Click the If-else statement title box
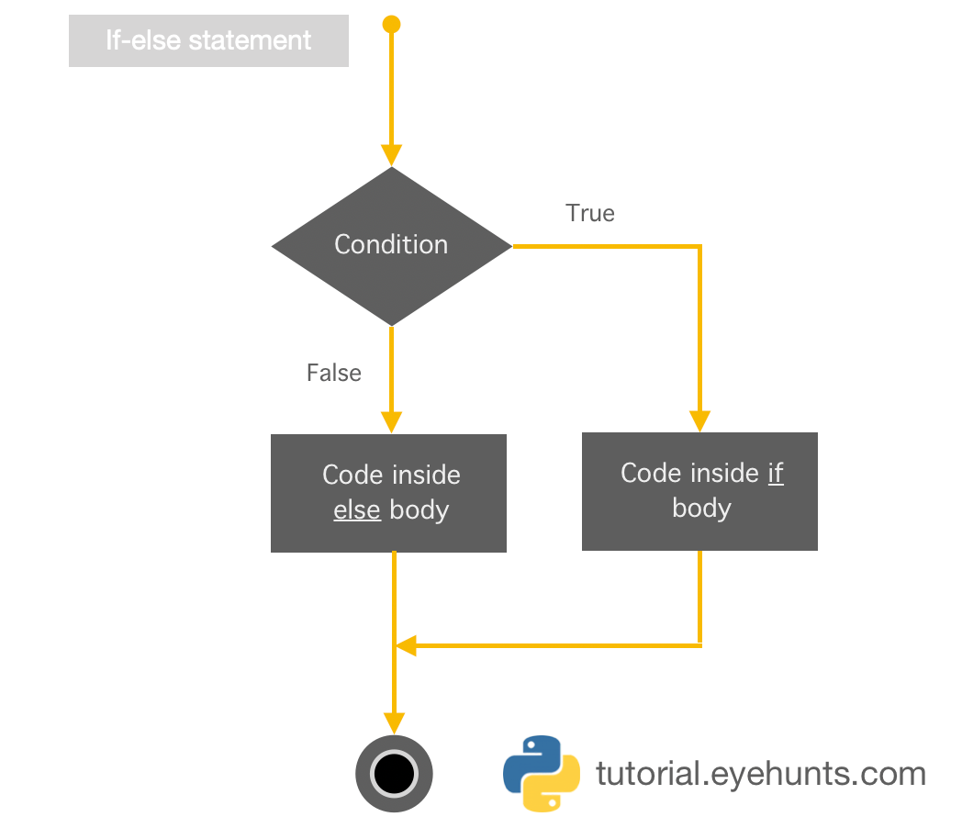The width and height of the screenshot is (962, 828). click(x=208, y=41)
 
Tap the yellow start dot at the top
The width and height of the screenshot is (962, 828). click(x=391, y=24)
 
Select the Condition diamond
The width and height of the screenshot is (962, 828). click(x=391, y=245)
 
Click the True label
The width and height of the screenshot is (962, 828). click(x=590, y=213)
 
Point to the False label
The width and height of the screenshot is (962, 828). click(x=333, y=373)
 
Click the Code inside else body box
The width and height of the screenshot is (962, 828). click(x=388, y=493)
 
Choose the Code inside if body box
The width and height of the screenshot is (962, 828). click(x=699, y=491)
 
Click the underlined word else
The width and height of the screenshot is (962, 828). click(x=356, y=509)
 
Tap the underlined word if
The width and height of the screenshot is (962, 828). click(x=776, y=473)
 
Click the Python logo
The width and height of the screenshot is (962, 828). click(x=542, y=773)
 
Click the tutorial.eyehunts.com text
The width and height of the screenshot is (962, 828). click(x=760, y=774)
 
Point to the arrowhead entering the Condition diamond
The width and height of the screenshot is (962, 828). click(x=391, y=155)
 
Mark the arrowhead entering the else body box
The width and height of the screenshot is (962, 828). click(x=391, y=421)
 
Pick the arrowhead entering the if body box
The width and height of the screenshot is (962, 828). click(x=700, y=420)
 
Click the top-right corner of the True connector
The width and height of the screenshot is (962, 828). click(x=700, y=246)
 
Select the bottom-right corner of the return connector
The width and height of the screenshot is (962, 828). click(x=700, y=645)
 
